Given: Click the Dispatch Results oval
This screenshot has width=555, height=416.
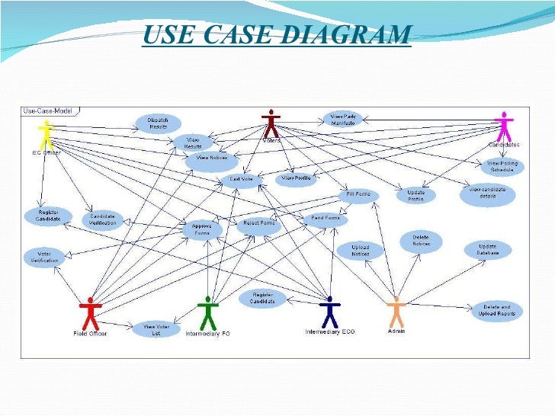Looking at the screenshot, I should [159, 123].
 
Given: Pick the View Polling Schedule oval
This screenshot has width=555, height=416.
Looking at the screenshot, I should [502, 166].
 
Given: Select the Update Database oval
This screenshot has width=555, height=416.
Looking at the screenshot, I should [488, 250].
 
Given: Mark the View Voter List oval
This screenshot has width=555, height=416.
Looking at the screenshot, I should [151, 328].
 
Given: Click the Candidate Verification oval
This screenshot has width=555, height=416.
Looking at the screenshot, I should [103, 218].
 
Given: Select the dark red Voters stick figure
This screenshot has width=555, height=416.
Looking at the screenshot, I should [271, 122].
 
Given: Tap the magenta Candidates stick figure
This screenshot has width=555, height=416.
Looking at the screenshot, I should [503, 126].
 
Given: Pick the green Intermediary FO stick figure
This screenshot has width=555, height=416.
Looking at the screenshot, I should [207, 312].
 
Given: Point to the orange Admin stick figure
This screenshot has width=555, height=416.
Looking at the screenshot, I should [396, 311].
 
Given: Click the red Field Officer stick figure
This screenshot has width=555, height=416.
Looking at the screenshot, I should [90, 312].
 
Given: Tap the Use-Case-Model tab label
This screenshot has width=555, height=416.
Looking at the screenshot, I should [47, 111].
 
